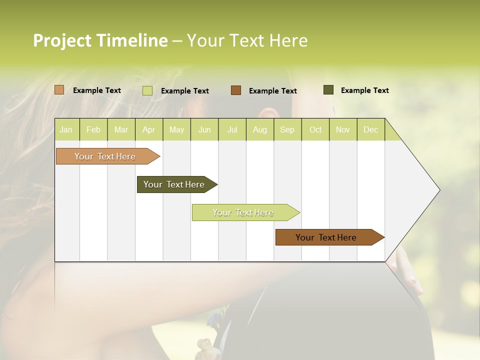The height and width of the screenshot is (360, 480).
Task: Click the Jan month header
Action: coord(66,129)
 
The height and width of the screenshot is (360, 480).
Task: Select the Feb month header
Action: coord(93,129)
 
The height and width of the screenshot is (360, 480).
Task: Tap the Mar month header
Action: coord(121,129)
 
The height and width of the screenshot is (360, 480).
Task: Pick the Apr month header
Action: coord(149,129)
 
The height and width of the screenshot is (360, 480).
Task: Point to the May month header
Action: coord(176,129)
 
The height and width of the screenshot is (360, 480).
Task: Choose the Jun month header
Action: coord(204,129)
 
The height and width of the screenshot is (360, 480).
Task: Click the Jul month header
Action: coord(232,129)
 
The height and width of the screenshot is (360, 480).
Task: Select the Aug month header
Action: coord(260,129)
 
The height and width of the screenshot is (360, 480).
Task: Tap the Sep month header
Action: coord(287,129)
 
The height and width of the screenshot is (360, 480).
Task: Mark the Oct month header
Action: coord(315,129)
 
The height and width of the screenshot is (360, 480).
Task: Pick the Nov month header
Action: coord(343,129)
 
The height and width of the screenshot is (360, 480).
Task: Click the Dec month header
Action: coord(371,129)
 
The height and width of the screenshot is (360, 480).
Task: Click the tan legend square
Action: coord(59,90)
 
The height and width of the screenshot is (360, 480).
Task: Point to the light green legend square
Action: coord(147,90)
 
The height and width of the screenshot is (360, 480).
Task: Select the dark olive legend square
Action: coord(328,90)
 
